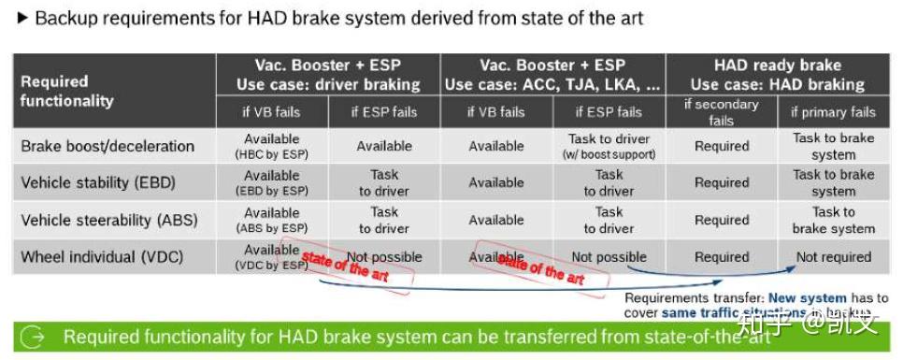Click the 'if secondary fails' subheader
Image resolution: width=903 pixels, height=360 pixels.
[721, 111]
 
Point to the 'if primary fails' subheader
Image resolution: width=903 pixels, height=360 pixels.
[833, 112]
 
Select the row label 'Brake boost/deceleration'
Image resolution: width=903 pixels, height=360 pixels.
[107, 146]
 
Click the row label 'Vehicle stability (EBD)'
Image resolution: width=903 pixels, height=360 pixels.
[98, 182]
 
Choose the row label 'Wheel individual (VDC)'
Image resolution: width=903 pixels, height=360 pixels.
[102, 256]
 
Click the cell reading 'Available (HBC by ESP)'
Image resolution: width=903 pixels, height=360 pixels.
[272, 146]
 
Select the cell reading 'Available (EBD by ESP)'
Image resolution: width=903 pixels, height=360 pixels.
[272, 182]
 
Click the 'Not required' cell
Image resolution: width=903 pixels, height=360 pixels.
[833, 256]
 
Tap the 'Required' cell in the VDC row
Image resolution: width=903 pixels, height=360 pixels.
[721, 256]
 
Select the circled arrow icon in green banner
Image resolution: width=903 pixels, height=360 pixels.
[31, 338]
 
